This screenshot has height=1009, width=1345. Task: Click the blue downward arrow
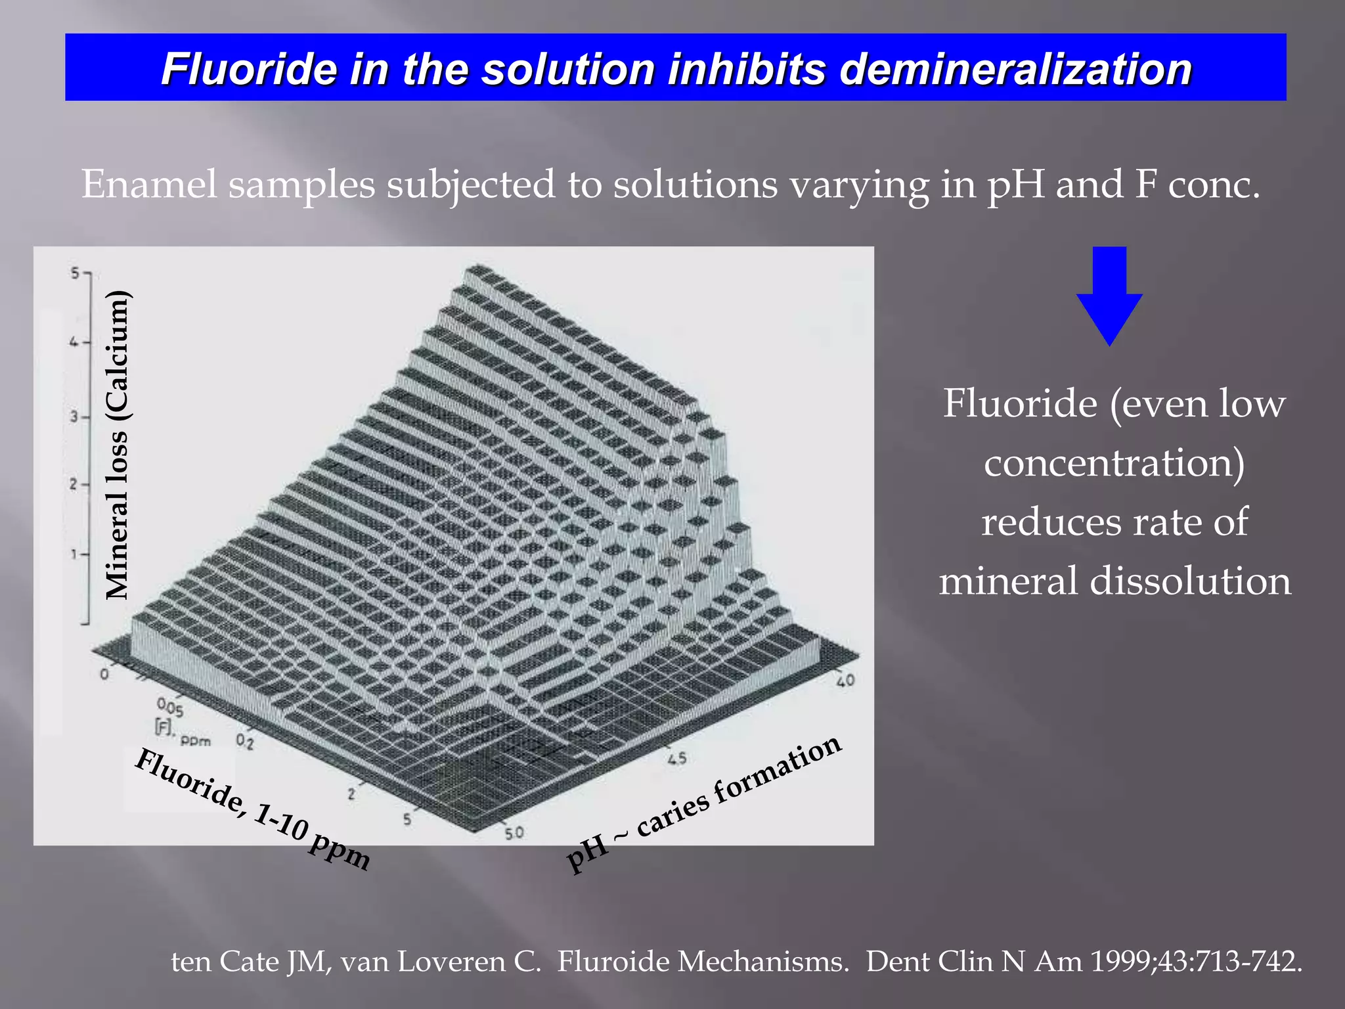tap(1109, 296)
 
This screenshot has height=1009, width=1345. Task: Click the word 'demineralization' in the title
tap(1015, 69)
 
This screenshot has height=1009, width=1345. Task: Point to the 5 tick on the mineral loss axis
tap(76, 273)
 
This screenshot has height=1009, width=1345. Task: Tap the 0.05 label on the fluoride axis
tap(170, 707)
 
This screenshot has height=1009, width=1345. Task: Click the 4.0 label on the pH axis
tap(845, 681)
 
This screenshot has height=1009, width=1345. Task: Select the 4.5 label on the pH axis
tap(676, 759)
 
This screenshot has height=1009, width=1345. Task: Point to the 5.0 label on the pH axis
tap(514, 833)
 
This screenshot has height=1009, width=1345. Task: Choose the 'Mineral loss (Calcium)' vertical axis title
tap(118, 445)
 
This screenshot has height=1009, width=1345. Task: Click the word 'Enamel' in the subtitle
tap(149, 185)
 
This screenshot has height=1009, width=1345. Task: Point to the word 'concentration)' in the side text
tap(1114, 462)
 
